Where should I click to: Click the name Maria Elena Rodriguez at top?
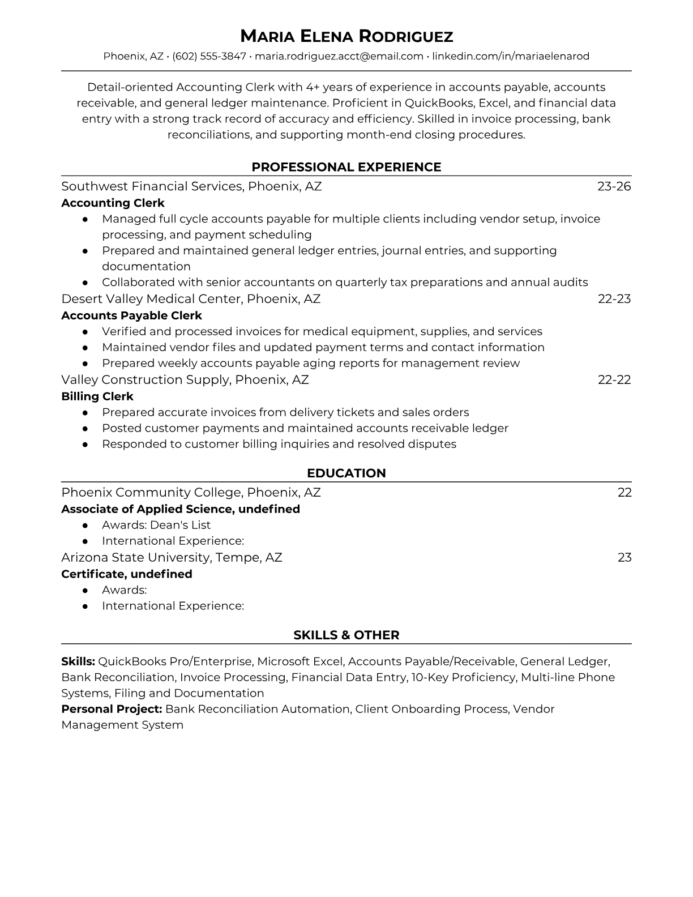tap(346, 37)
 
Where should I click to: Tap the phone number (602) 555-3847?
tap(209, 56)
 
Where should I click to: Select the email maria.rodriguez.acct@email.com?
tap(339, 56)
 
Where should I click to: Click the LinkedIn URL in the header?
tap(511, 56)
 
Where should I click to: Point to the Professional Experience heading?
tap(346, 167)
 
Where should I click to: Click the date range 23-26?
tap(614, 186)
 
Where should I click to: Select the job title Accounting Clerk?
tap(113, 203)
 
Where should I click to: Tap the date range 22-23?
tap(614, 299)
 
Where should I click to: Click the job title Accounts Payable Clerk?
tap(131, 315)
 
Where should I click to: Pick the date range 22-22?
tap(614, 379)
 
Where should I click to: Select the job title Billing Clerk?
tap(97, 396)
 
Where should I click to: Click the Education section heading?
tap(346, 473)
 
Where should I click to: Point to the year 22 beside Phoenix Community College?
tap(624, 493)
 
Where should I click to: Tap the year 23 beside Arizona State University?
tap(624, 558)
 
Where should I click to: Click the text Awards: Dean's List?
tap(156, 525)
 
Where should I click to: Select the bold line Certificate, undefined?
tap(127, 574)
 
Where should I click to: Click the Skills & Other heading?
tap(346, 635)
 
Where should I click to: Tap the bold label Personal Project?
tap(112, 709)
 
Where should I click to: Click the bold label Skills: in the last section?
tap(78, 661)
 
